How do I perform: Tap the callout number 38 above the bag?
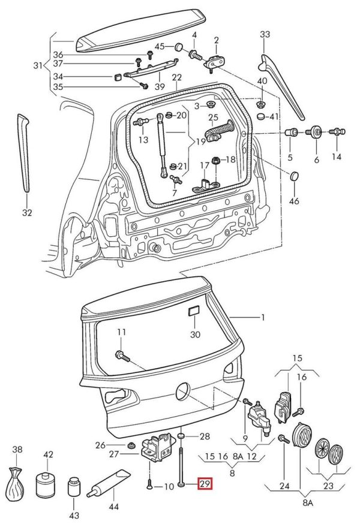pos(17,450)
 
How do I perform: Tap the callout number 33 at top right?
pos(265,34)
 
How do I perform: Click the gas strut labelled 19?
pos(162,145)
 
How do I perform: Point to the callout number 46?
pos(294,201)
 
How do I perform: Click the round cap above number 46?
pos(294,176)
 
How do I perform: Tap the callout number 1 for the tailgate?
pos(262,317)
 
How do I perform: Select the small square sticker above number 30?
pos(194,311)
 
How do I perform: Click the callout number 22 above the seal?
pos(176,77)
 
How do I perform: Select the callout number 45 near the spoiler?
pos(160,47)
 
